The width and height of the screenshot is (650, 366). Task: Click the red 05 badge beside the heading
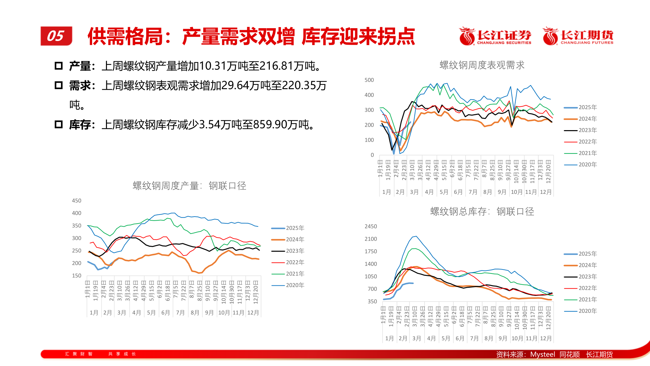tap(56, 36)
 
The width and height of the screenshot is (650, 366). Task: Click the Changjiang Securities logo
tap(495, 36)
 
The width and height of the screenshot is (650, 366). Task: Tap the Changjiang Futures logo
tap(578, 36)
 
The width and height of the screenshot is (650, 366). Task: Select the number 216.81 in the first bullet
tap(276, 66)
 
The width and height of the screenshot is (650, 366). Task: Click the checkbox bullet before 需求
tap(59, 85)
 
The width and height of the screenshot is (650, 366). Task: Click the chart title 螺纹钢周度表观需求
tap(482, 65)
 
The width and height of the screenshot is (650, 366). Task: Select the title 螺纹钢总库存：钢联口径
tap(482, 211)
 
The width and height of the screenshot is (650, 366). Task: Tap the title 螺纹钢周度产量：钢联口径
tap(189, 186)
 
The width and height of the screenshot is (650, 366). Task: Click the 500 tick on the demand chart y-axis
tap(369, 80)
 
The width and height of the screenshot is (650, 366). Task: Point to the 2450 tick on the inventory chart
tap(370, 226)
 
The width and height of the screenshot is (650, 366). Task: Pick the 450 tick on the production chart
tap(77, 201)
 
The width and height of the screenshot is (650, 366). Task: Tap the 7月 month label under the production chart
tap(180, 312)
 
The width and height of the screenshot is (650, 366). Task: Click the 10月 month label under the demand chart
tap(516, 192)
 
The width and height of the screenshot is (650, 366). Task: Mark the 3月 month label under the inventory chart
tap(416, 338)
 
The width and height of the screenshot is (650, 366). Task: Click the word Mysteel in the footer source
tap(542, 354)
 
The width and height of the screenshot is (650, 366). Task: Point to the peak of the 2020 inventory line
tap(416, 236)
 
